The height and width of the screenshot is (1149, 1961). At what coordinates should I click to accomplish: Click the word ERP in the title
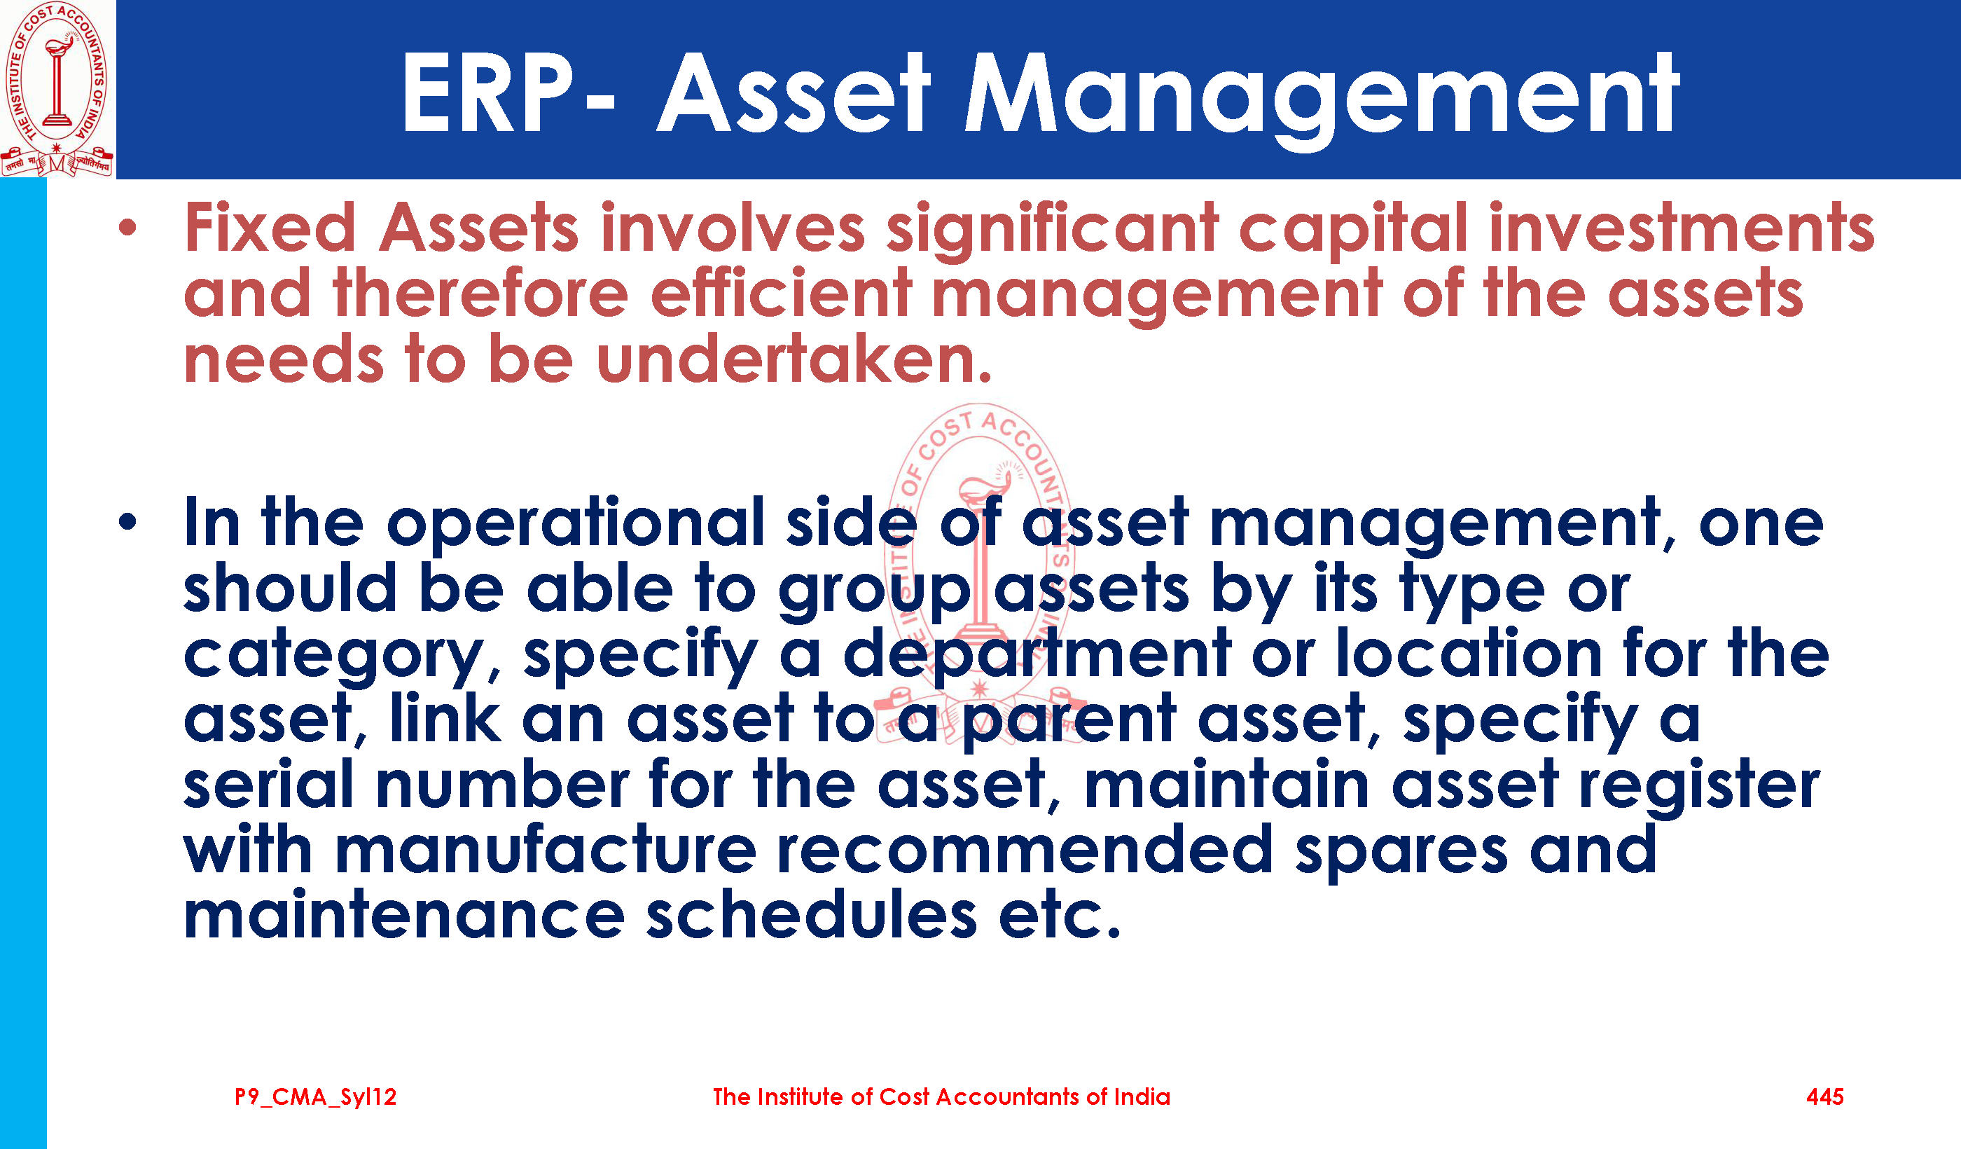pyautogui.click(x=488, y=93)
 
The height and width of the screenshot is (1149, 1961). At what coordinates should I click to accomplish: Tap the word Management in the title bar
pyautogui.click(x=1322, y=97)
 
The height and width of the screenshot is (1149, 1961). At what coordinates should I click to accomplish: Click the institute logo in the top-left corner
pyautogui.click(x=57, y=89)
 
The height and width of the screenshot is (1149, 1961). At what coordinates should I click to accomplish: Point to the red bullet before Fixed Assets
pyautogui.click(x=127, y=228)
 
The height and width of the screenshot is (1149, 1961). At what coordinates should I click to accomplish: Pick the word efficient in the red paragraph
pyautogui.click(x=780, y=294)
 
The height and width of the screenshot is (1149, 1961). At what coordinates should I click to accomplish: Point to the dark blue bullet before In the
pyautogui.click(x=127, y=523)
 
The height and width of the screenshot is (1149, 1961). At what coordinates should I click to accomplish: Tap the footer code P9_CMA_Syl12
pyautogui.click(x=315, y=1097)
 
